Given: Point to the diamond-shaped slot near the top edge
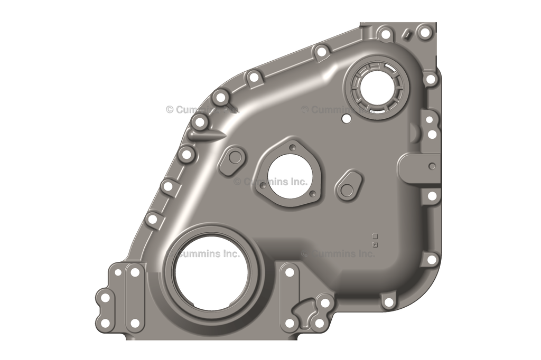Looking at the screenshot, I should click(407, 34).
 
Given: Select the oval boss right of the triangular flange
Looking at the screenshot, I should click(348, 185).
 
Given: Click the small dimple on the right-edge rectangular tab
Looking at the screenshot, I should click(432, 166).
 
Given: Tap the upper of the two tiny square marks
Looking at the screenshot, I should click(375, 235).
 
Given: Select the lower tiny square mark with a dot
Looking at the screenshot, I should click(375, 244).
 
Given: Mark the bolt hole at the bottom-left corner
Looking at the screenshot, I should click(105, 323).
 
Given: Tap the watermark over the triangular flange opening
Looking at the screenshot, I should click(270, 182).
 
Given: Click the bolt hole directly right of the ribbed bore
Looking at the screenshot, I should click(431, 79).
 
